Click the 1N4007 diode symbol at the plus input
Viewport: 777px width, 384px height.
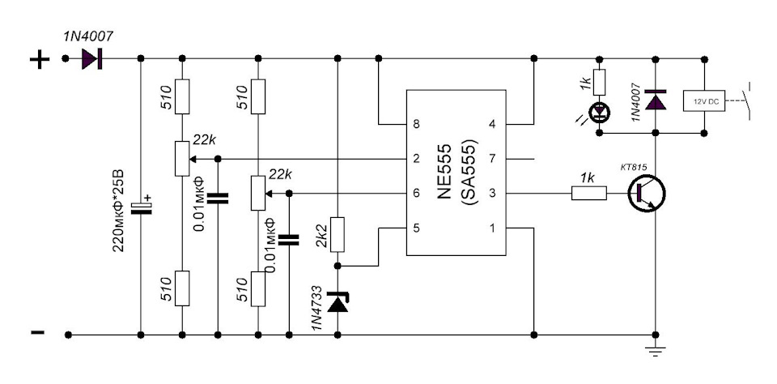tap(91, 58)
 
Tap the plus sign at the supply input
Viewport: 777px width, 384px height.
tap(40, 60)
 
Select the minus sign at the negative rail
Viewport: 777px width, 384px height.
tap(38, 332)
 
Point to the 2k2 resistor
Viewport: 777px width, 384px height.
tap(338, 234)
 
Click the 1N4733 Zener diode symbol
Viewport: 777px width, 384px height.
tap(338, 302)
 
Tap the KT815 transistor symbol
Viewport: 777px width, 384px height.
tap(646, 193)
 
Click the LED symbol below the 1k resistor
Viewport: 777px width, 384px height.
tap(600, 113)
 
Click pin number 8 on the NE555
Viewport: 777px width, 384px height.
tap(416, 123)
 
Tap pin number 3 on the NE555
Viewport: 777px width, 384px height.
tap(493, 193)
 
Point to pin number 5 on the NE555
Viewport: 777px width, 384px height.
tap(416, 228)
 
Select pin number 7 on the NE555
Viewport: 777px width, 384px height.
tap(493, 159)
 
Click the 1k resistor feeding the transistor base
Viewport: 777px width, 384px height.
tap(589, 193)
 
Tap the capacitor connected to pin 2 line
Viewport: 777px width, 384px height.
tap(218, 198)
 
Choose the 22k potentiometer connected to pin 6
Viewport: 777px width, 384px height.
tap(257, 193)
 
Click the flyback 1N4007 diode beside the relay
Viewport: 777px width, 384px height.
tap(656, 100)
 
